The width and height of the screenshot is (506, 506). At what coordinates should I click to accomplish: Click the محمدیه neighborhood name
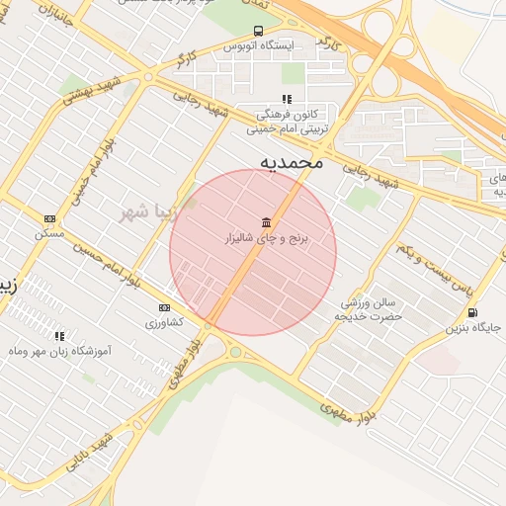pos(292,161)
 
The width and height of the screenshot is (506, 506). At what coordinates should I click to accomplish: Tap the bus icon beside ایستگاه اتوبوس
pos(259,32)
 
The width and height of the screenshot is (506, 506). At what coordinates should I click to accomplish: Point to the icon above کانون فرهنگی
pos(287,99)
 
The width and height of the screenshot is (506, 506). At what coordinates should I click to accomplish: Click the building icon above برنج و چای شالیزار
pos(266,221)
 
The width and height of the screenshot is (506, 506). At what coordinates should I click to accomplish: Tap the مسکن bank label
pos(49,234)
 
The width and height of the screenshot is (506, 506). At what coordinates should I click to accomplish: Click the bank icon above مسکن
pos(49,218)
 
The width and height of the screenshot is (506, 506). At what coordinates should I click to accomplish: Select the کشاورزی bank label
pos(164,323)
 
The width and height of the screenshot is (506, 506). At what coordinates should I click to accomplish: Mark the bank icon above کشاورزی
pos(164,307)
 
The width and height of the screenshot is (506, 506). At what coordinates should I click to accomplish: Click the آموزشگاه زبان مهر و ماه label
pos(58,352)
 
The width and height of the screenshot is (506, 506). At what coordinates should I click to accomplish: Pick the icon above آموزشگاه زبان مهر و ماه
pos(59,336)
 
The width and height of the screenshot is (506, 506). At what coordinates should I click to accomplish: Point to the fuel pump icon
pos(472,313)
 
